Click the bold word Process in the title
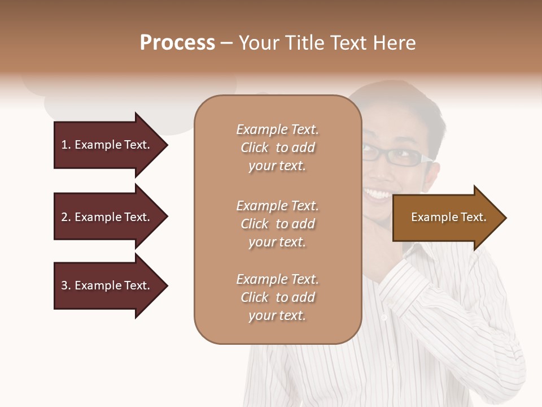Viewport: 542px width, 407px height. point(177,43)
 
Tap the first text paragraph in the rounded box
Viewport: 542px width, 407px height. point(277,148)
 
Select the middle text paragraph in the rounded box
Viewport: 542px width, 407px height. point(277,224)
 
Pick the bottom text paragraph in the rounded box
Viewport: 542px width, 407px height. point(277,297)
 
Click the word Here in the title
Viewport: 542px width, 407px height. point(395,43)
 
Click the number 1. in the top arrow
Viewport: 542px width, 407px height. point(66,145)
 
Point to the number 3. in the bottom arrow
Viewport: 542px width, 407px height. point(66,285)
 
